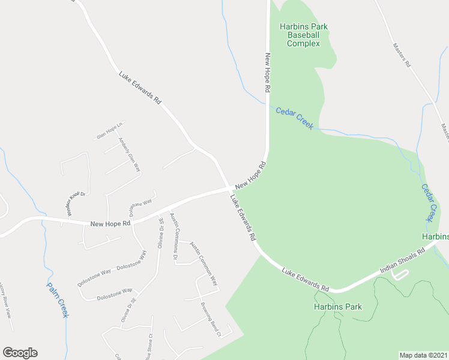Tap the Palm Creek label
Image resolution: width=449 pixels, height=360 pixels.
pyautogui.click(x=58, y=299)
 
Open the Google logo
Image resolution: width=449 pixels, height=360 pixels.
pyautogui.click(x=20, y=353)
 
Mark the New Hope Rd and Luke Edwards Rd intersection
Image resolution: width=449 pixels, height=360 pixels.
pyautogui.click(x=230, y=188)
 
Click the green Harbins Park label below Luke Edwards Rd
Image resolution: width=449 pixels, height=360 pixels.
pyautogui.click(x=338, y=307)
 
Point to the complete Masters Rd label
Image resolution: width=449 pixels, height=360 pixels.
pyautogui.click(x=402, y=55)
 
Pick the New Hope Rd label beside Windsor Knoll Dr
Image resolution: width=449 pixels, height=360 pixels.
pyautogui.click(x=110, y=223)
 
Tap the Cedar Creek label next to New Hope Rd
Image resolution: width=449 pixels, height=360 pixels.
pyautogui.click(x=294, y=118)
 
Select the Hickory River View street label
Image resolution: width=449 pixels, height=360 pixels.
pyautogui.click(x=5, y=299)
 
